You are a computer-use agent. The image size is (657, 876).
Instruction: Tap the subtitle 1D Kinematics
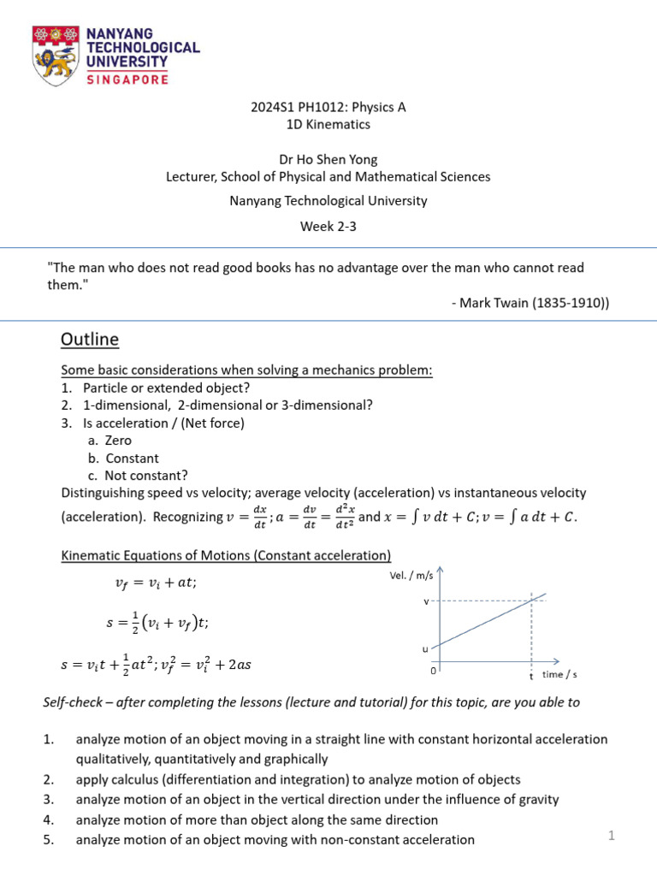[328, 124]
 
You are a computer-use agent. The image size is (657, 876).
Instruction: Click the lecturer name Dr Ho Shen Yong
[328, 159]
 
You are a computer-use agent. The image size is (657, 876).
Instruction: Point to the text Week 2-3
[328, 227]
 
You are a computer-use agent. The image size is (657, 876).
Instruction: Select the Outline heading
[90, 340]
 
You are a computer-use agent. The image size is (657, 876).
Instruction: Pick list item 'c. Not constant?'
[137, 475]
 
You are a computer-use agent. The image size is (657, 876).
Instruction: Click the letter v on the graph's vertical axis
[426, 601]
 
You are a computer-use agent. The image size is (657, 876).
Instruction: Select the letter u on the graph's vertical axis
[425, 649]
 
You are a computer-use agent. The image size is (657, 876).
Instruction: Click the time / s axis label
[559, 675]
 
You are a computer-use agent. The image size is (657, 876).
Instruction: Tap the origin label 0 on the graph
[433, 671]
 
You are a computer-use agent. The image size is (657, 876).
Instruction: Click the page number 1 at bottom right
[612, 836]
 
